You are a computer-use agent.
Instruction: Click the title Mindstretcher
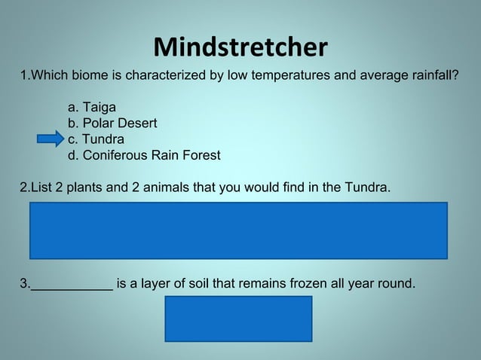point(240,47)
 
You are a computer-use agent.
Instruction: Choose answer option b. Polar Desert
point(112,124)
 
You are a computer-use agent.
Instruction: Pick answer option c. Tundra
point(96,139)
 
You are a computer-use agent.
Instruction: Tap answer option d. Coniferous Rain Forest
point(144,156)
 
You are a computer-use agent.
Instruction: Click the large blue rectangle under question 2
point(238,230)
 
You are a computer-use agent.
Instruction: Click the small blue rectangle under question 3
point(238,318)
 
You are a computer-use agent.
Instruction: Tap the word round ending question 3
point(395,284)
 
